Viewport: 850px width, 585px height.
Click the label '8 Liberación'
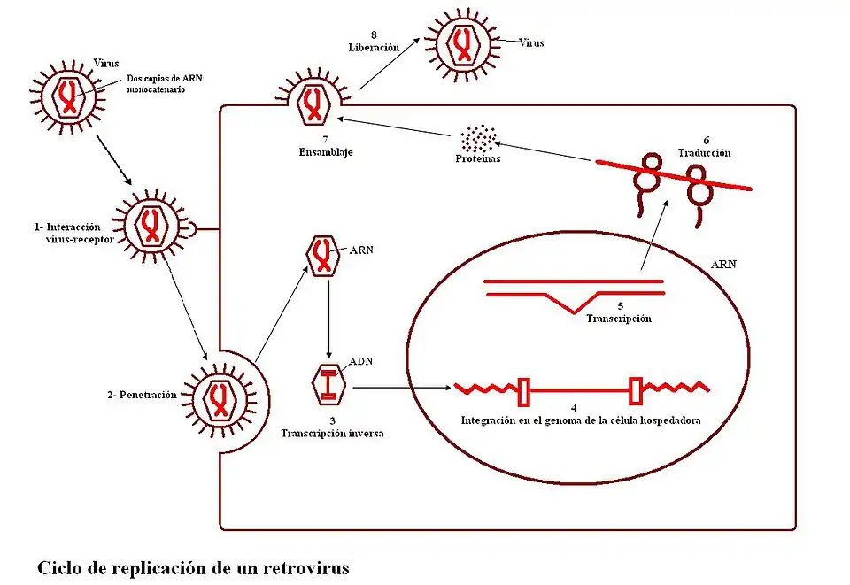(x=374, y=41)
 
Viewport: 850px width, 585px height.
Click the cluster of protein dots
(x=478, y=138)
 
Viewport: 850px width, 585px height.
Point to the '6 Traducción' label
(x=706, y=147)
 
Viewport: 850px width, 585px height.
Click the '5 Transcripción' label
(x=619, y=312)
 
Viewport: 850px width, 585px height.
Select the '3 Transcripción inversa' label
(x=332, y=427)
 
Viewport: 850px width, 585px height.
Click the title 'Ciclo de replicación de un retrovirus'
(x=193, y=567)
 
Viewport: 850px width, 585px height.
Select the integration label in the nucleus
(x=581, y=420)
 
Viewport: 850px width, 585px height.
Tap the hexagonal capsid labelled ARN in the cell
(x=322, y=256)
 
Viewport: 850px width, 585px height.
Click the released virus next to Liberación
(x=461, y=42)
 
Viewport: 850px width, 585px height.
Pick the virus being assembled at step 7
(x=313, y=104)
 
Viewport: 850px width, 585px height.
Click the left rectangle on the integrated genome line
(x=523, y=388)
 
